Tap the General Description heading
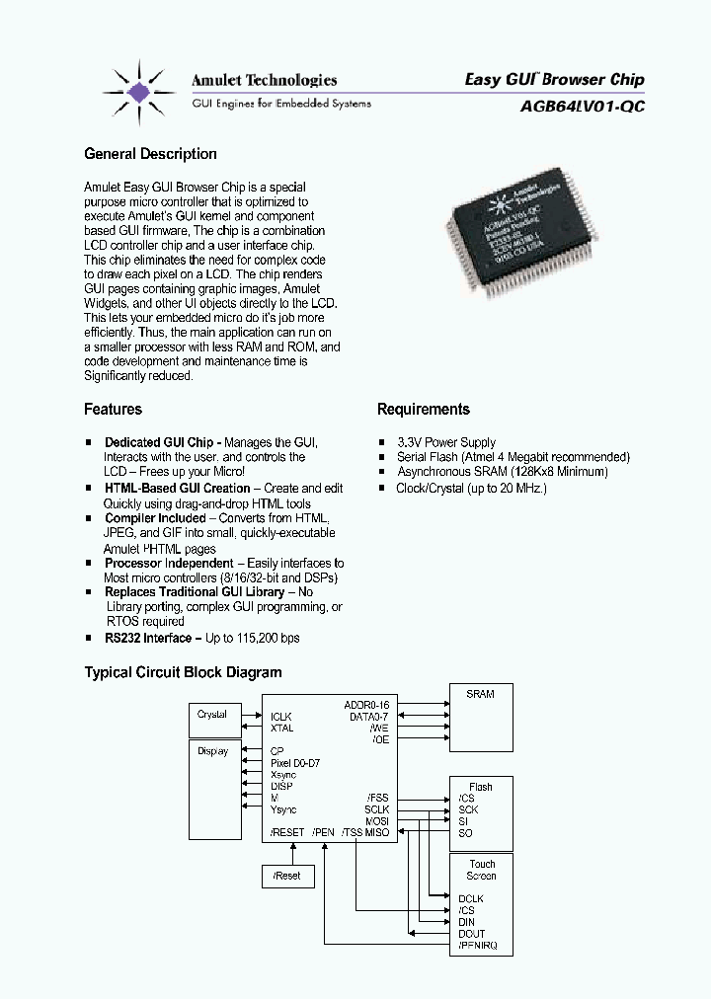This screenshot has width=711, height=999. pos(150,154)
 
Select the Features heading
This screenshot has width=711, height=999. pos(114,409)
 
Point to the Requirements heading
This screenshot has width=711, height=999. pos(423,409)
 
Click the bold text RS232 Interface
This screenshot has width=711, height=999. pos(147,638)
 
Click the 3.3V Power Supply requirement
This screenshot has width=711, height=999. pos(445,442)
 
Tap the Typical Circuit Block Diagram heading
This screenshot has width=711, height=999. pos(183,672)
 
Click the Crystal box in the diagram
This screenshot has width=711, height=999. pos(213,715)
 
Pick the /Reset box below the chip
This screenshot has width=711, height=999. pos(287,876)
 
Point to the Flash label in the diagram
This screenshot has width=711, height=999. pos(481,787)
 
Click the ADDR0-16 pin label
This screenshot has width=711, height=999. pos(367,705)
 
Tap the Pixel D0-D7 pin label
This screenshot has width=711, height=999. pos(295,763)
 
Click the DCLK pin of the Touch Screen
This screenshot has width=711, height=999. pos(472,898)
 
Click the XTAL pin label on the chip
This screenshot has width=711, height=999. pos(281,728)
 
